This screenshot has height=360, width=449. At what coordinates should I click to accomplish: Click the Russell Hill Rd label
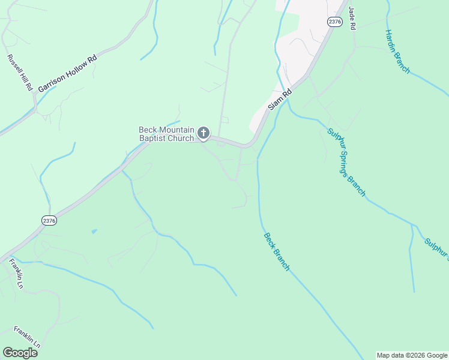(x=20, y=72)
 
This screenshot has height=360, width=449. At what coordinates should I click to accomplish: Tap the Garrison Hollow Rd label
(x=67, y=74)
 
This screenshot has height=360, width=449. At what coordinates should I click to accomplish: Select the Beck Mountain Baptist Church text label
(x=166, y=134)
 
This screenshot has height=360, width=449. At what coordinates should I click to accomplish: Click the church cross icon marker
(x=203, y=133)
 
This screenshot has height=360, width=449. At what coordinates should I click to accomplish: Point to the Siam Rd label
(x=280, y=100)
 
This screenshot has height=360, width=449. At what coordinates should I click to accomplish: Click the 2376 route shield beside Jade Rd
(x=335, y=22)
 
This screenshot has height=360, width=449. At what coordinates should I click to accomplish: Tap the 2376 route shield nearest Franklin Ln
(x=49, y=221)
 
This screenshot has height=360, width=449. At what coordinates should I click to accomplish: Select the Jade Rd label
(x=352, y=19)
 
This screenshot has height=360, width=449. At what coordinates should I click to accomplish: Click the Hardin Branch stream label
(x=398, y=52)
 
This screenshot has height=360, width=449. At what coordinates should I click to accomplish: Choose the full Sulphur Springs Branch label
(x=346, y=161)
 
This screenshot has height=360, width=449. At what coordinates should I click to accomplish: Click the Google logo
(x=20, y=352)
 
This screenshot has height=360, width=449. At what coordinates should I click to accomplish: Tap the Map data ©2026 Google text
(x=412, y=355)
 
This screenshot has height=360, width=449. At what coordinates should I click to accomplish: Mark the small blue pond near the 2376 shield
(x=94, y=231)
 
